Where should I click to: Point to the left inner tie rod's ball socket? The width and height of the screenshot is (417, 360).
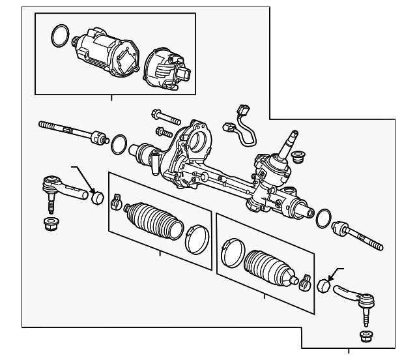coord(98,139)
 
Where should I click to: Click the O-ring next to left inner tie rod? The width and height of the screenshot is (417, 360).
coord(119,145)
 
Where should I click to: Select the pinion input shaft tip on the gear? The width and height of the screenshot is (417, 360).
coord(291,137)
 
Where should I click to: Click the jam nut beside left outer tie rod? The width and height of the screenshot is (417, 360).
coord(98,196)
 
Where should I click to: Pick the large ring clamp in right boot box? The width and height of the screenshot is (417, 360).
coord(231,254)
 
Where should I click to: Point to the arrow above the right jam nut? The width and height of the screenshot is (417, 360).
coord(334,273)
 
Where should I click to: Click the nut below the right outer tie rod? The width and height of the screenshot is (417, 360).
coord(366,337)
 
